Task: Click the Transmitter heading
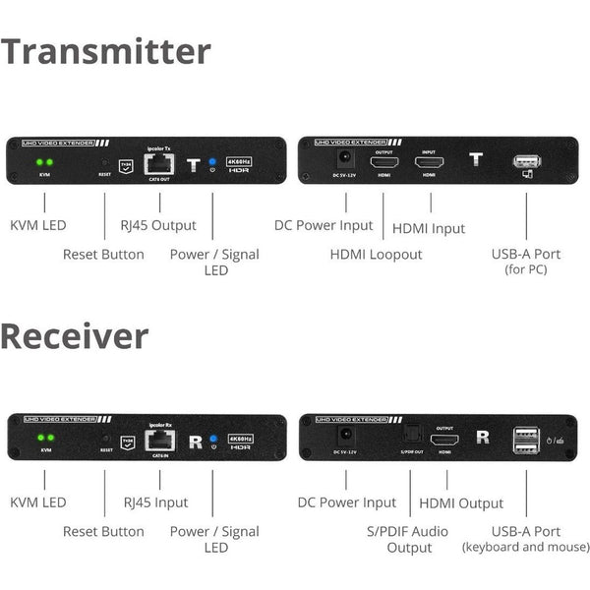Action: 106,51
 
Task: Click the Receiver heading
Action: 75,335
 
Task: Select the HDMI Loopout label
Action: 376,255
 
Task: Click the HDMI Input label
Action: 429,228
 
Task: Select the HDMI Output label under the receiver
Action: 461,503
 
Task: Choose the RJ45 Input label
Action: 156,503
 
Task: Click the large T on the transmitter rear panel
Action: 477,160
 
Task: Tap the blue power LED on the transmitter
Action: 212,161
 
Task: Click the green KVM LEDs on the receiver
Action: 44,439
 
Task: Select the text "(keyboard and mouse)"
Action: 526,548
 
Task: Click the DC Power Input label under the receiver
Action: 347,502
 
